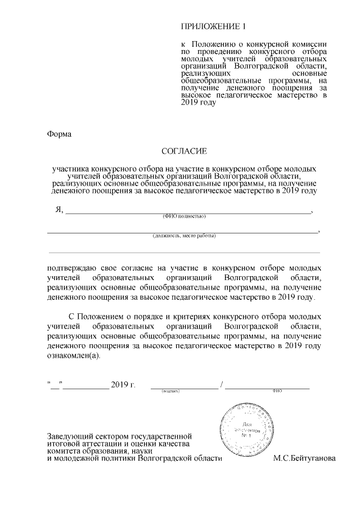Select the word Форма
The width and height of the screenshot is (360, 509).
click(x=58, y=134)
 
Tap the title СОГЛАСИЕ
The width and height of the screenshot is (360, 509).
click(x=184, y=151)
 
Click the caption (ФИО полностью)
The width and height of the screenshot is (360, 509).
click(x=183, y=216)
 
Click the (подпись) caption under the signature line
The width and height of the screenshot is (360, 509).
click(x=170, y=390)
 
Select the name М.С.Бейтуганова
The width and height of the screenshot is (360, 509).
click(x=303, y=458)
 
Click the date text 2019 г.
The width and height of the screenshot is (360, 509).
click(x=123, y=385)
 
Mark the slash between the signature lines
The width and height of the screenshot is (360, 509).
click(x=222, y=385)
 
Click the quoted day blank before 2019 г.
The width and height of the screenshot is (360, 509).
click(x=55, y=385)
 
